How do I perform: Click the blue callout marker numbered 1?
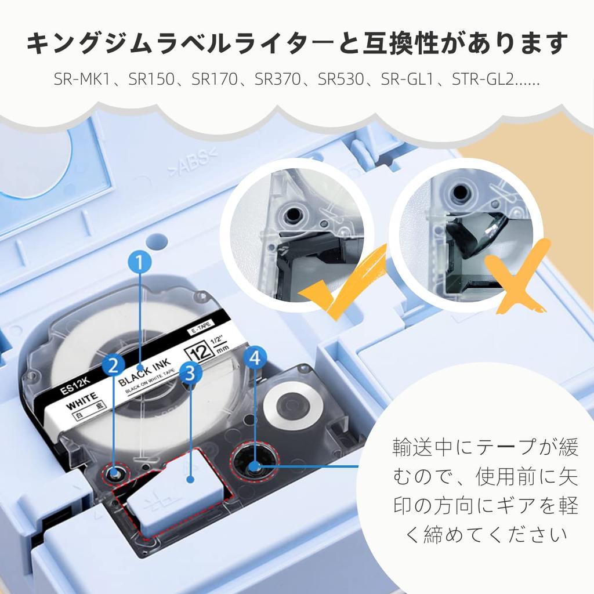139,262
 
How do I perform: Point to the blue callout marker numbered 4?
255,357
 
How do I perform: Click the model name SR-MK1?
82,79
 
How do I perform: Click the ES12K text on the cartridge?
75,386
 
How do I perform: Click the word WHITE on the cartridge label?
82,401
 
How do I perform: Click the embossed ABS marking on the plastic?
193,162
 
